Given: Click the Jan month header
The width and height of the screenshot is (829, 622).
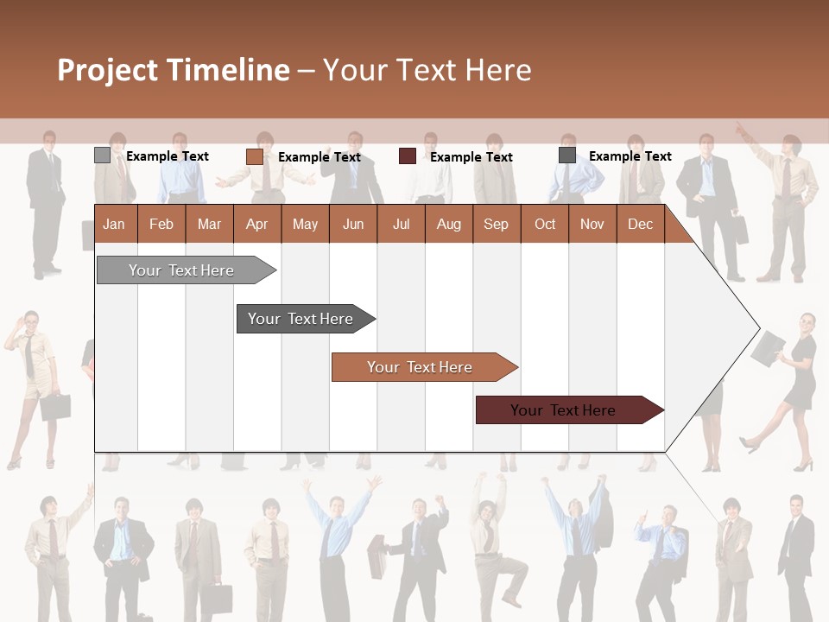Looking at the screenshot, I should pos(114,225).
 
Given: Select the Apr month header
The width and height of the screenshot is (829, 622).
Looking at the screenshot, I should pos(256,225).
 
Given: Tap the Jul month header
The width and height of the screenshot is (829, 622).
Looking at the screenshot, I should pos(401,225).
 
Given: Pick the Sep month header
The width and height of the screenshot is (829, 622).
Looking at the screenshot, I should pos(496,225).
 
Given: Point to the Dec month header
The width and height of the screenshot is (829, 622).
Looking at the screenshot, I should pos(640,225).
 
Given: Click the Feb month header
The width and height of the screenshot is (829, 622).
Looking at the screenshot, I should pos(161,225).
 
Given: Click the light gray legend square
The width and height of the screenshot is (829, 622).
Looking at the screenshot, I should pos(102,155).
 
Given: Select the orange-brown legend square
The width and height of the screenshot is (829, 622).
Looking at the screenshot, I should pos(254,156).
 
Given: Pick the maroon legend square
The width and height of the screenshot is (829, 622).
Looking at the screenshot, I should pos(408,156).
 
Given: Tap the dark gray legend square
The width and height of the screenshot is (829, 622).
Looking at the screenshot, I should pos(567,155).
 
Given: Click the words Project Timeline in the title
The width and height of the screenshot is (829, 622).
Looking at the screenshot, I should pos(174,70).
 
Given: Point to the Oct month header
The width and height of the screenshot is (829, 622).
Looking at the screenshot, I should pos(545,225).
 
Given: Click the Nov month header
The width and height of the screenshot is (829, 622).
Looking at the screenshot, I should pos(592,225).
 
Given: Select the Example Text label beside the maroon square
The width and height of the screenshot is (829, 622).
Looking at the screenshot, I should pos(471,157).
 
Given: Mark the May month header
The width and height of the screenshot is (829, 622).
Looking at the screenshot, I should pos(305,225).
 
